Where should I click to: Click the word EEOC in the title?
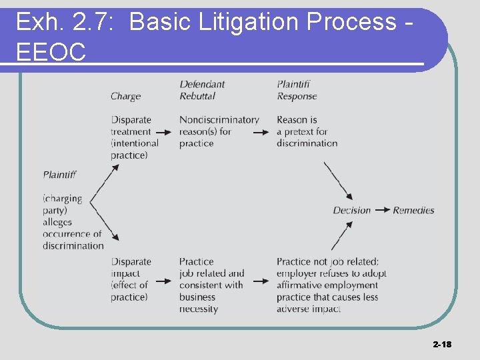[51, 51]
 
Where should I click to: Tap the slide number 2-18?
[441, 344]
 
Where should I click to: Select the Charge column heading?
[125, 96]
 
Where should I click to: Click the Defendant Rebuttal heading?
[201, 90]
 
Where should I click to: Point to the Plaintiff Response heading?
[297, 90]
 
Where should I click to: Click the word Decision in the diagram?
[351, 210]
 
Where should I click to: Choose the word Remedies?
[413, 210]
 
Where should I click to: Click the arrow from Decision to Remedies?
[382, 210]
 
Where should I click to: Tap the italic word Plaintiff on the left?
[59, 175]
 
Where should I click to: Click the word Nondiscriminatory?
[219, 120]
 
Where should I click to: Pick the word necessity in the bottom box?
[199, 309]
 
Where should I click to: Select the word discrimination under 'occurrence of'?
[73, 245]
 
